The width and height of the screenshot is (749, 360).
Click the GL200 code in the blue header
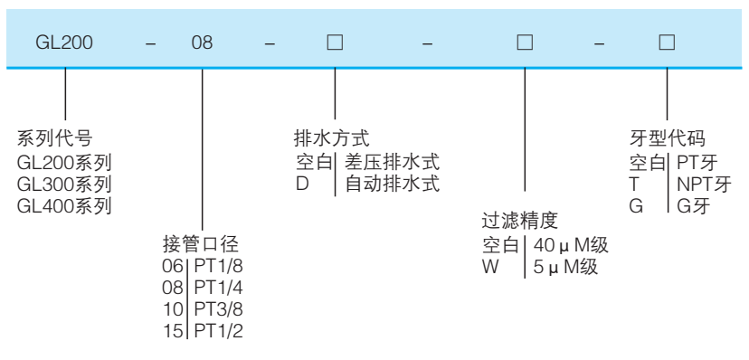64,43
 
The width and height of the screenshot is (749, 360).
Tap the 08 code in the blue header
203,43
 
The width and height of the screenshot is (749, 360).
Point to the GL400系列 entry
64,205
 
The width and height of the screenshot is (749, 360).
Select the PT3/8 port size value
218,309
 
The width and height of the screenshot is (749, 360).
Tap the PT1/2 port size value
218,331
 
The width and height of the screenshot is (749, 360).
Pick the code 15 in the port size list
172,331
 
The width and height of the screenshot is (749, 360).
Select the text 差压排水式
392,163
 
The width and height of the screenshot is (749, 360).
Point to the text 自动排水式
392,185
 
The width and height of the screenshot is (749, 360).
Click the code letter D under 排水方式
302,185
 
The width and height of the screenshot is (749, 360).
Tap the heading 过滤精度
518,221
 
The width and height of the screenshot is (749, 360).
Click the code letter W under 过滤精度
488,266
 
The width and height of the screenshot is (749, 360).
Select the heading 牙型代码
667,140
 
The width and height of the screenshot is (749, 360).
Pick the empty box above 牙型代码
667,43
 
